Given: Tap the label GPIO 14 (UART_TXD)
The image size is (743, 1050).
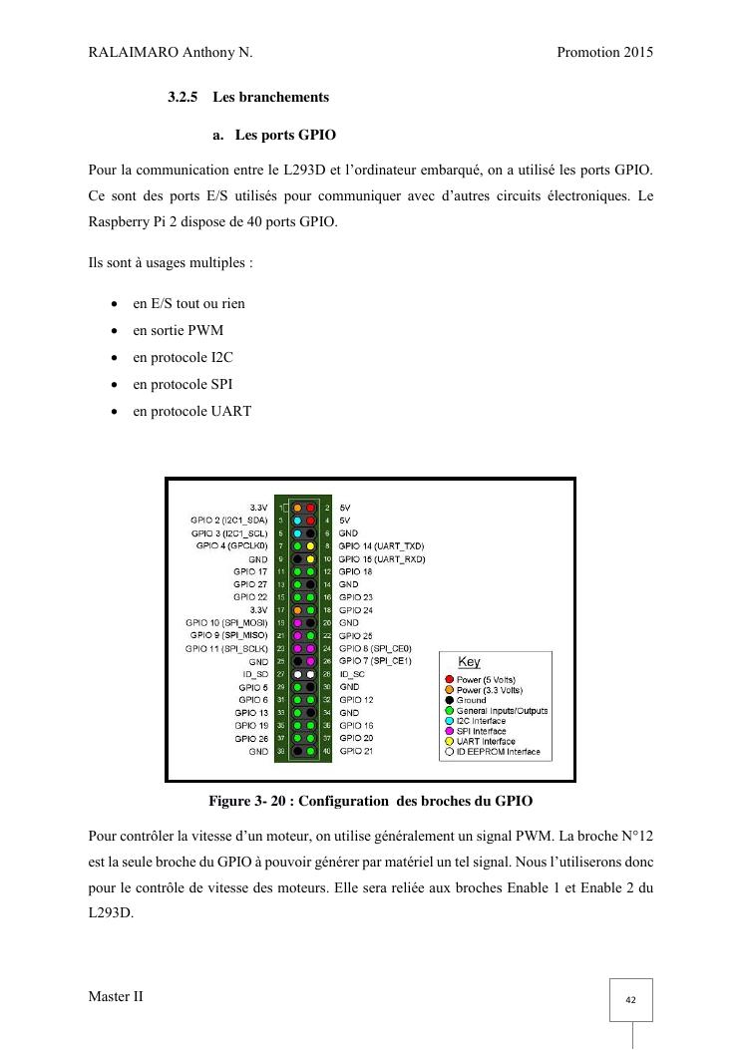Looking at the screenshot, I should [x=381, y=546].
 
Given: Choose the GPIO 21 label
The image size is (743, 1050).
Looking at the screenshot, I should [x=356, y=751].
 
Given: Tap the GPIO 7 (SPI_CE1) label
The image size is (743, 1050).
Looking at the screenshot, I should [x=374, y=661].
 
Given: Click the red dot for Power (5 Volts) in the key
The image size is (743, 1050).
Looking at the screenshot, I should [x=450, y=680].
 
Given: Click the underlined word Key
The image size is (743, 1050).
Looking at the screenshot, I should [x=469, y=662].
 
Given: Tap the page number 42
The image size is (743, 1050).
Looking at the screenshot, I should [x=631, y=1000].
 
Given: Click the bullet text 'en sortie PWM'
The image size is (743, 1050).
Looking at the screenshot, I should [x=178, y=330].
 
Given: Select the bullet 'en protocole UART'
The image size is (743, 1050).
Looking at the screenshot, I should [x=191, y=411].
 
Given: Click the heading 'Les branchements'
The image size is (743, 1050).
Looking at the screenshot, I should [x=270, y=97].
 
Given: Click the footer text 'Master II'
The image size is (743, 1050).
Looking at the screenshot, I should [x=116, y=996].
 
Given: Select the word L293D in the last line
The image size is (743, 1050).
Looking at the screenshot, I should [x=111, y=912].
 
